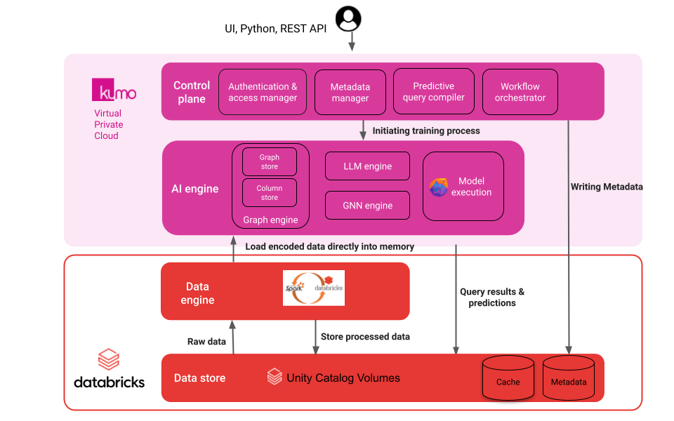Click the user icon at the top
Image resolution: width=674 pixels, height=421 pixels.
349,18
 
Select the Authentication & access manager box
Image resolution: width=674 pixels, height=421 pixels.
263,92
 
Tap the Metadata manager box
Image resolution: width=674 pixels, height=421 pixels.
350,93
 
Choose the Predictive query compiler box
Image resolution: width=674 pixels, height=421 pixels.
433,91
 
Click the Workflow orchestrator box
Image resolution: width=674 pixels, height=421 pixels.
520,92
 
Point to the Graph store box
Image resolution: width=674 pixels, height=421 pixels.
270,162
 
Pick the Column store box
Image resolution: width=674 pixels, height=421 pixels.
270,193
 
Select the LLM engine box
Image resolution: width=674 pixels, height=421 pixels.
367,166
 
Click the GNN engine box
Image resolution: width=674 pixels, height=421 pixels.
367,206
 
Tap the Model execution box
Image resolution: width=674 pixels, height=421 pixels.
463,187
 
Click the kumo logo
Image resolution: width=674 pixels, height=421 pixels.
114,91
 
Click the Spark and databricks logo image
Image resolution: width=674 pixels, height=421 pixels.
314,288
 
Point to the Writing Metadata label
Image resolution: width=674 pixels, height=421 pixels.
607,187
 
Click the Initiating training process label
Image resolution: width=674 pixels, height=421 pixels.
426,131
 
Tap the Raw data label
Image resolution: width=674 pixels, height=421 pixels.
206,341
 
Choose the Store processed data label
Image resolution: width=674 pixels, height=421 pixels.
365,337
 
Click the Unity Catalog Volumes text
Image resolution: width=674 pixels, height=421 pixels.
343,378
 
